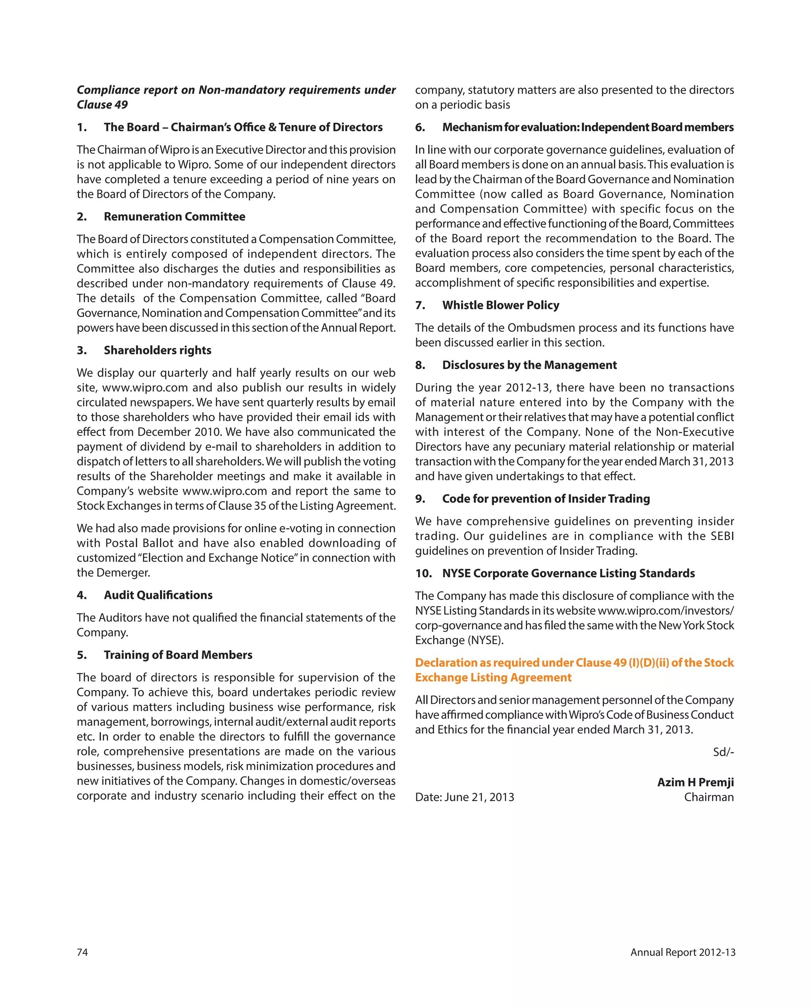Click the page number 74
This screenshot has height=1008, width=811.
[82, 952]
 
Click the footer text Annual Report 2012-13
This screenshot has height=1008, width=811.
[682, 952]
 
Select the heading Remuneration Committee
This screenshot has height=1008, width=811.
[175, 217]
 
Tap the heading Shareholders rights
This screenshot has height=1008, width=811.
[158, 350]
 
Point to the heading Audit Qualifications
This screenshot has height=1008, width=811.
[158, 595]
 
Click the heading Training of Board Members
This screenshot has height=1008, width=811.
[178, 655]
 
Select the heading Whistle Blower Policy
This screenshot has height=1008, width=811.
[501, 305]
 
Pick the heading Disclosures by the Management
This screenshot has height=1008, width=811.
[529, 365]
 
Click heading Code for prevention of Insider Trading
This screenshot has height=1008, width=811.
[546, 499]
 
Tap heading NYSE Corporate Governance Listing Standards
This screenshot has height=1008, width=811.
[568, 574]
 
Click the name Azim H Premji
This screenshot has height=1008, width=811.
[695, 782]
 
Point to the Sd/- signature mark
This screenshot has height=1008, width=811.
[723, 752]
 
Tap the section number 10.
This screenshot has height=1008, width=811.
[423, 574]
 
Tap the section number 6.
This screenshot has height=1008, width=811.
[420, 127]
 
